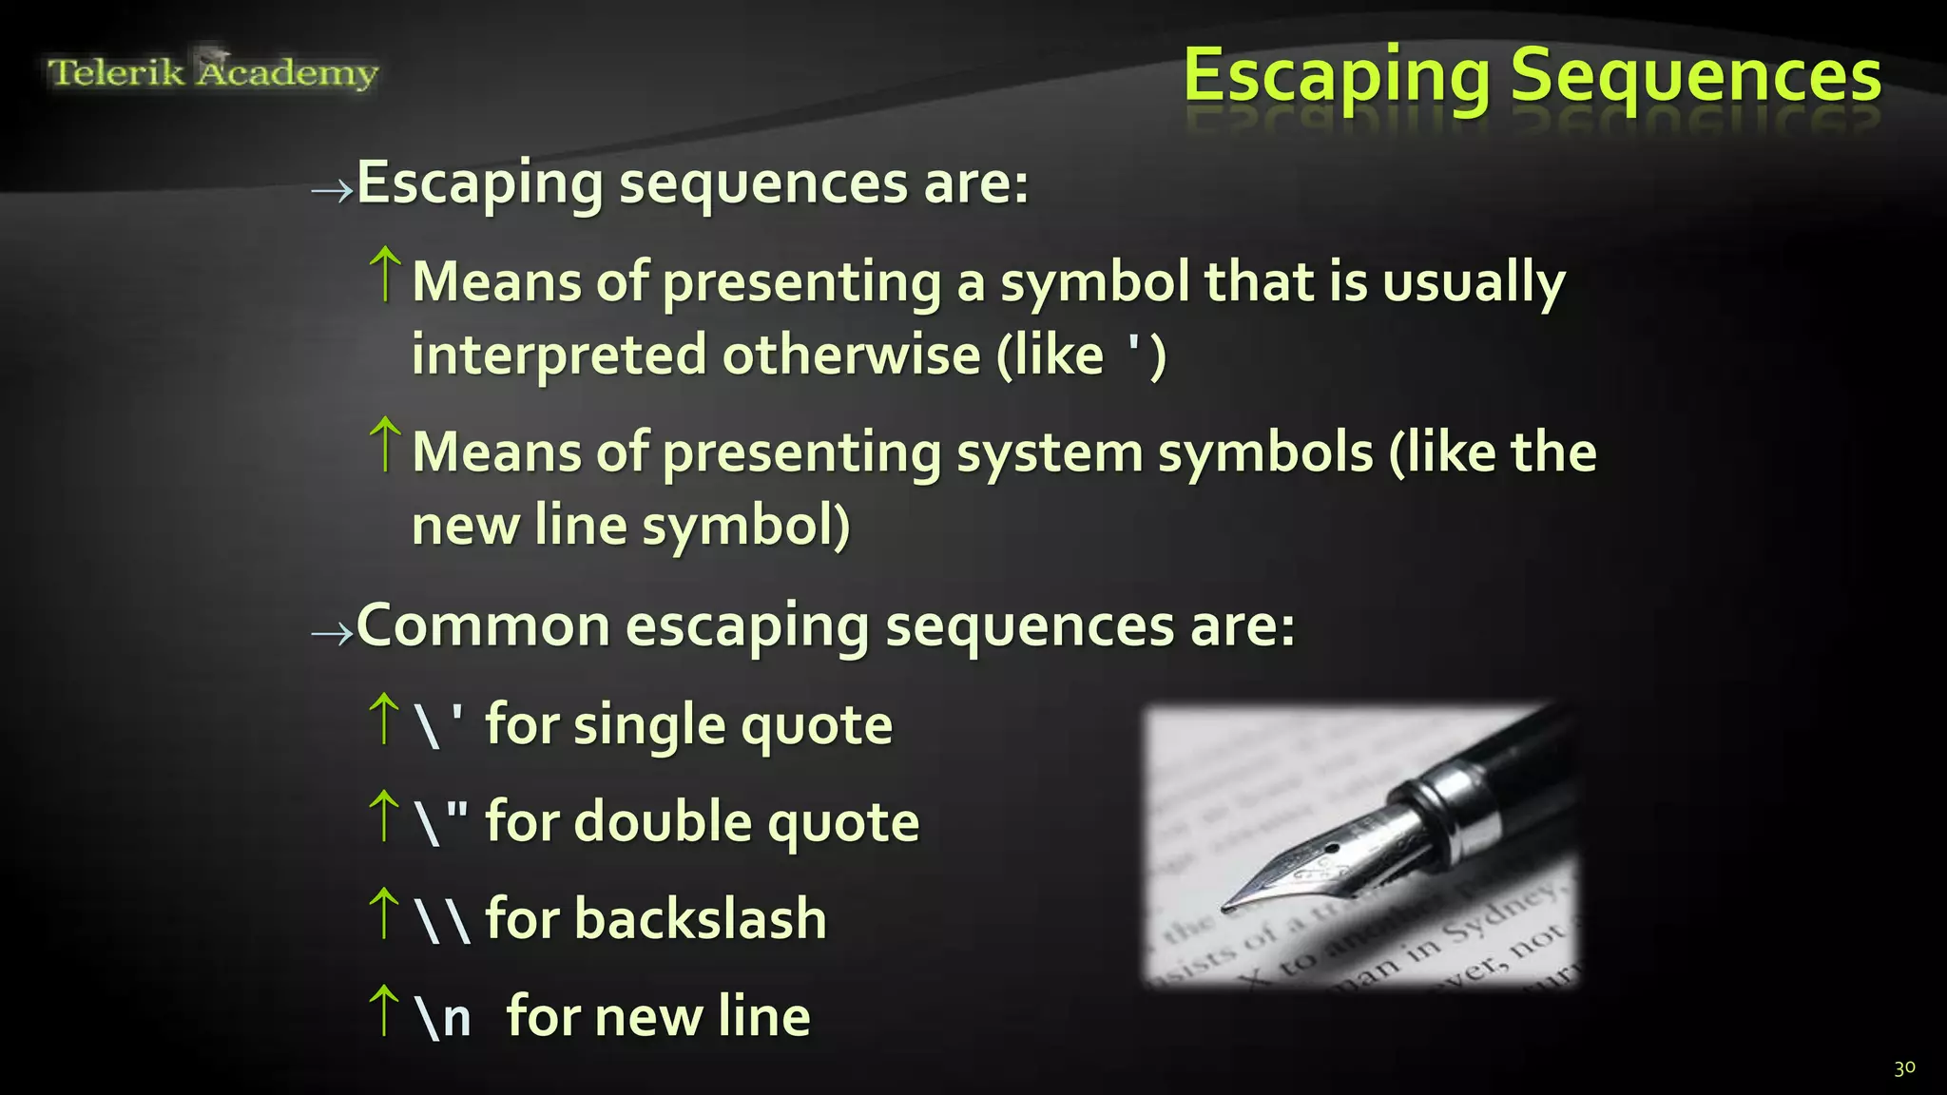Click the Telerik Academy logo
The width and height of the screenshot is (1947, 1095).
tap(213, 72)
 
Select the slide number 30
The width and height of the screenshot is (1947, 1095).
tap(1904, 1068)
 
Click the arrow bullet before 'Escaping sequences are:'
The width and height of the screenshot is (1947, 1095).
tap(332, 191)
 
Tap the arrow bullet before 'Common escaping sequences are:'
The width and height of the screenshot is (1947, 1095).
tap(332, 634)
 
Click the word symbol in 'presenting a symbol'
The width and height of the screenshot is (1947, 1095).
tap(1093, 283)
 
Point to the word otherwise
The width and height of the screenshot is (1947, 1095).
tap(851, 356)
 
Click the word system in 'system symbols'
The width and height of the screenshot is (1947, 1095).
tap(1049, 452)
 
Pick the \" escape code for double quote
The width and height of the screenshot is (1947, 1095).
tap(441, 822)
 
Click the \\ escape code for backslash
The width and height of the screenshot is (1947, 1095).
tap(442, 920)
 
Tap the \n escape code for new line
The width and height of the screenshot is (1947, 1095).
tap(443, 1017)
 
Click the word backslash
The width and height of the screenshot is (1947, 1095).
tap(701, 920)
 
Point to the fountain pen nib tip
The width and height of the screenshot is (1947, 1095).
tap(1227, 907)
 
